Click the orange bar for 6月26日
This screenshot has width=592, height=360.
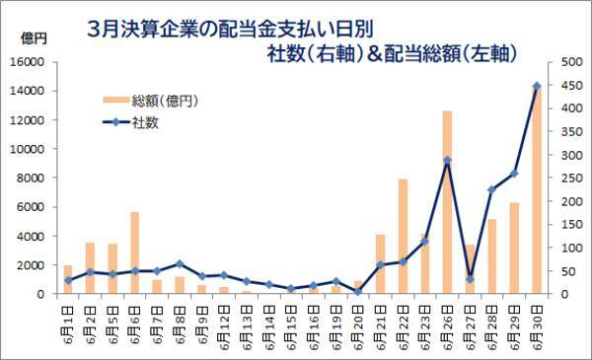point(447,202)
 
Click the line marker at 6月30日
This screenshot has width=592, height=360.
point(537,86)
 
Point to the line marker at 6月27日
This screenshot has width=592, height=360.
point(470,279)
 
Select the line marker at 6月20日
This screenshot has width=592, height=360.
point(358,292)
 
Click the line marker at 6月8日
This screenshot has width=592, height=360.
point(180,263)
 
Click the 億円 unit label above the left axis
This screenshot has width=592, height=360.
point(33,38)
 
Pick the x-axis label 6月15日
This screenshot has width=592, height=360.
point(291,325)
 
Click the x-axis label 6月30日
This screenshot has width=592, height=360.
point(537,325)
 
